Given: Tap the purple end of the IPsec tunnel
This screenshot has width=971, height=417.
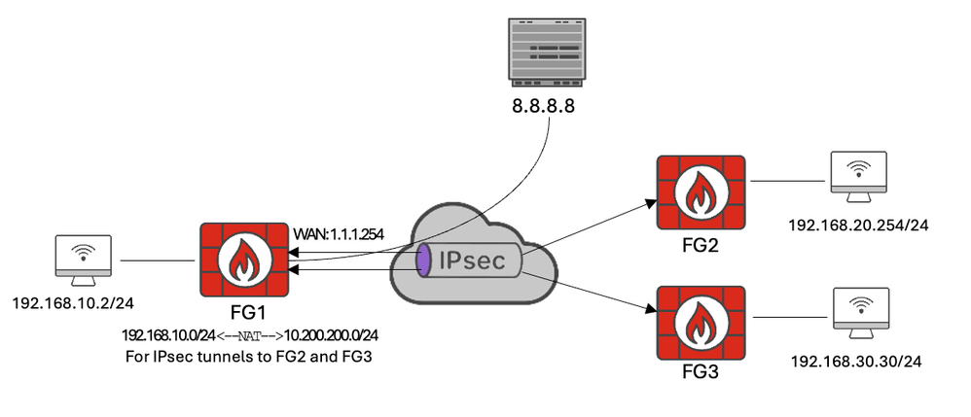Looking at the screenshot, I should [424, 263].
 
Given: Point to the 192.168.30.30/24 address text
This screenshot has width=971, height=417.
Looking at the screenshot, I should [857, 360].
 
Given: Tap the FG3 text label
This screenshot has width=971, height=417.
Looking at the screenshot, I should [701, 370].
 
